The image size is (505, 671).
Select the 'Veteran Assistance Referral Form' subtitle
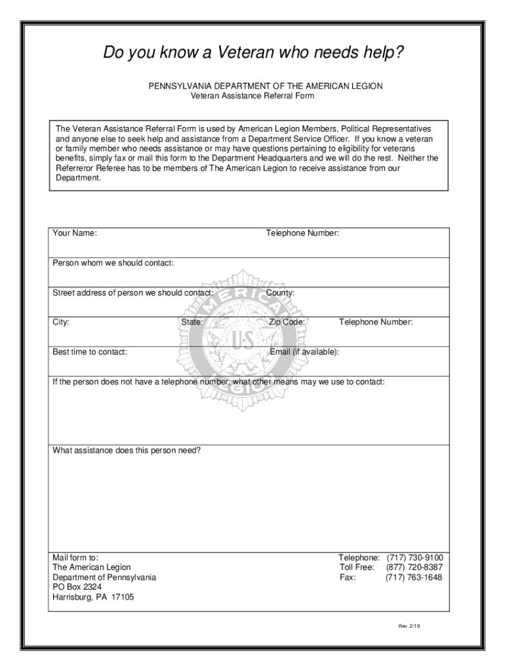coord(252,96)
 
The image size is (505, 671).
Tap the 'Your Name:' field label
coord(75,233)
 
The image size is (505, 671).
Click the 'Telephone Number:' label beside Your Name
coord(302,233)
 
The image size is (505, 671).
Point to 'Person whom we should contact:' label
coord(113,263)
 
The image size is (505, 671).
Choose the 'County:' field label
coord(280,293)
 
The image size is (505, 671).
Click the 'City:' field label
coord(61,322)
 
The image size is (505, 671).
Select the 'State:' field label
coord(192,322)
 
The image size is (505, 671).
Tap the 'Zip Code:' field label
coord(287,322)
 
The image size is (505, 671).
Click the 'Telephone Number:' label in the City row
coord(375,322)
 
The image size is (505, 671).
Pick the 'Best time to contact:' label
coord(90,352)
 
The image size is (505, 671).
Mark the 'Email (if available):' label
coord(304,352)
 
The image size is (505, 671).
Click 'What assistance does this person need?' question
coord(127,451)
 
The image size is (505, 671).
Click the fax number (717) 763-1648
coord(414,577)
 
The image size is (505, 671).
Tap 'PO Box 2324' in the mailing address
coord(77,587)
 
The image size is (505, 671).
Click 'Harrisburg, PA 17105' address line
coord(93,598)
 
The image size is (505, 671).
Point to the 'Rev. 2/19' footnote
coord(409,626)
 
